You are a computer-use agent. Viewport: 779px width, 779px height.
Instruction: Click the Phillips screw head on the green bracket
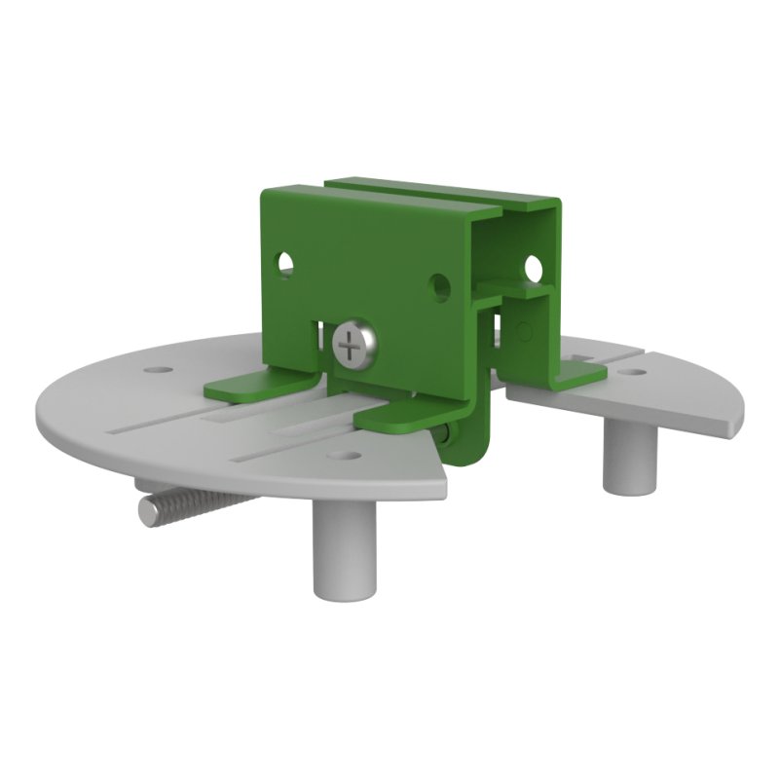pyautogui.click(x=352, y=345)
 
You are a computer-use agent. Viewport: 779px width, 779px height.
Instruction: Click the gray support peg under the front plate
pyautogui.click(x=344, y=546)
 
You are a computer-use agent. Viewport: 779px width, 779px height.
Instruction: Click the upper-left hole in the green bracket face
pyautogui.click(x=285, y=262)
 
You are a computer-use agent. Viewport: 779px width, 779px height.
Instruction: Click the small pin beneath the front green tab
pyautogui.click(x=446, y=434)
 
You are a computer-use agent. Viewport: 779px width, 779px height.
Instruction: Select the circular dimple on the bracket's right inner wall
pyautogui.click(x=526, y=332)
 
